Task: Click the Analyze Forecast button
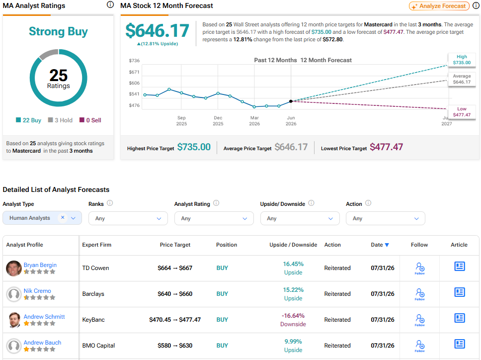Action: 439,6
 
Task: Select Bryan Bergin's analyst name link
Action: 40,265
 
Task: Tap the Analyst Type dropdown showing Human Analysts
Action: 42,218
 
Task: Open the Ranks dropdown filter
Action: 128,218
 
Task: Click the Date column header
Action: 380,245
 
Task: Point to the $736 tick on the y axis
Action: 134,61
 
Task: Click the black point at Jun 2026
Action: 291,101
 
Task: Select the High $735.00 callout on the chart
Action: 462,60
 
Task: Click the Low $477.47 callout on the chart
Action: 462,112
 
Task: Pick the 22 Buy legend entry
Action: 28,120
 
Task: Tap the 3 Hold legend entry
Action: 60,120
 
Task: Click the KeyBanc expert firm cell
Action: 93,320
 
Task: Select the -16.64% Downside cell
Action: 293,320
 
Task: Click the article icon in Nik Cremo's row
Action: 460,292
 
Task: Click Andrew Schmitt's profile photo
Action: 14,320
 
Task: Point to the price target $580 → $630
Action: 175,346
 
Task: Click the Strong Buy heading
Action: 58,31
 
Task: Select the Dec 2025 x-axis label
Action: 218,121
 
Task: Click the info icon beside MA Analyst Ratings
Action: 110,4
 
